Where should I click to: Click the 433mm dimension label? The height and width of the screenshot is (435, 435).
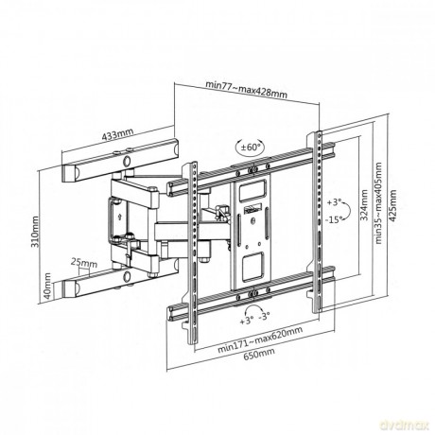click(117, 134)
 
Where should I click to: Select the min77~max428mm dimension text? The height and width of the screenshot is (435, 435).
click(246, 90)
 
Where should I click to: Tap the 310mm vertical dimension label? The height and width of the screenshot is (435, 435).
click(35, 232)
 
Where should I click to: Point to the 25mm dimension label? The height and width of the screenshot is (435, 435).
click(84, 262)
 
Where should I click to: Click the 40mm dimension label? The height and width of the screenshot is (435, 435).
click(47, 286)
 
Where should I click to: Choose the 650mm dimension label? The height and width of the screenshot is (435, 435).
click(259, 354)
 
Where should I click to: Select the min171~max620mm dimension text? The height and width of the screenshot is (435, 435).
click(260, 339)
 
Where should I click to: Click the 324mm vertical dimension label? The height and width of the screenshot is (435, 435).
click(363, 205)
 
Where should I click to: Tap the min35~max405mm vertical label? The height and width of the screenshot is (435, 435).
click(378, 203)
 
